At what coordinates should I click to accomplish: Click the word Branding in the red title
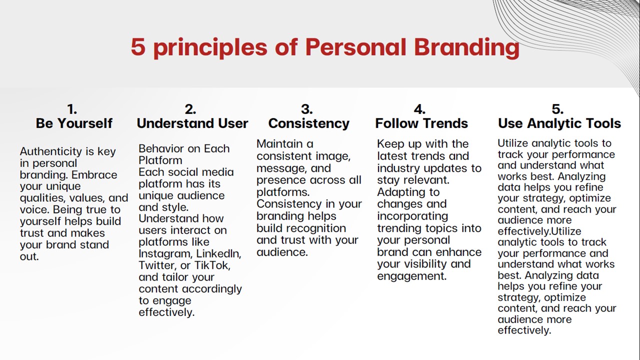pyautogui.click(x=466, y=47)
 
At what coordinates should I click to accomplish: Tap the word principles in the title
pyautogui.click(x=210, y=47)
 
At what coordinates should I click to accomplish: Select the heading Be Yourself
pyautogui.click(x=74, y=123)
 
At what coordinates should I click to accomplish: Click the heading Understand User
pyautogui.click(x=192, y=123)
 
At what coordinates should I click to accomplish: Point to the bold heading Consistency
pyautogui.click(x=309, y=123)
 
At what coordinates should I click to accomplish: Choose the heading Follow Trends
pyautogui.click(x=421, y=123)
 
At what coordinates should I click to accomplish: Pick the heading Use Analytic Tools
pyautogui.click(x=559, y=123)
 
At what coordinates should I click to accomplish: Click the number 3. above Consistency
pyautogui.click(x=307, y=109)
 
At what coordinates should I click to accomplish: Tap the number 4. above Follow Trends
pyautogui.click(x=419, y=109)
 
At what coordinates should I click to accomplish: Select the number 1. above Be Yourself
pyautogui.click(x=72, y=109)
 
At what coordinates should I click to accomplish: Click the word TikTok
pyautogui.click(x=212, y=265)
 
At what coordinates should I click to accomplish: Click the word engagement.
pyautogui.click(x=411, y=276)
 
